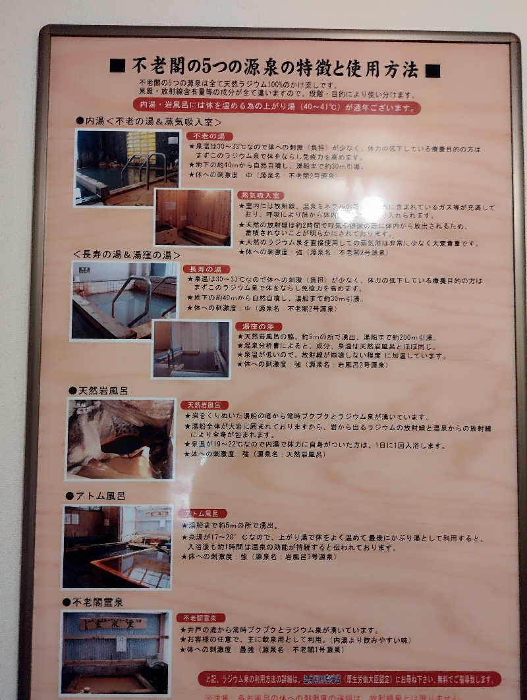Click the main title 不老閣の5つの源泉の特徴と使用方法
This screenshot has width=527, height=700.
click(x=275, y=67)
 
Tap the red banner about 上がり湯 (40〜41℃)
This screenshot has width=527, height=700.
click(x=276, y=107)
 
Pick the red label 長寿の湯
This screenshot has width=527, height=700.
click(x=206, y=269)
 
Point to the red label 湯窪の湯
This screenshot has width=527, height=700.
click(x=258, y=327)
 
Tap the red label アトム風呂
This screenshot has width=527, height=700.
click(x=204, y=513)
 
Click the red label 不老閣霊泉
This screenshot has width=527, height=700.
click(x=201, y=618)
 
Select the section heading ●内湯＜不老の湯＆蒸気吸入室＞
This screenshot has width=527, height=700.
click(x=149, y=122)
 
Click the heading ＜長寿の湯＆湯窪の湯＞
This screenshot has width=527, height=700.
click(x=126, y=254)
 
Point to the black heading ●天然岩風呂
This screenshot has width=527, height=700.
click(x=98, y=390)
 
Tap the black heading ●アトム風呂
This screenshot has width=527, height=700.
click(x=95, y=496)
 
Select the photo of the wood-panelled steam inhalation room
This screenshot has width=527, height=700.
click(x=193, y=217)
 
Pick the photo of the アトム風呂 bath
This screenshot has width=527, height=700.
click(x=117, y=547)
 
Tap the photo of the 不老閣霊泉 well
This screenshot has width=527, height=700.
click(x=115, y=652)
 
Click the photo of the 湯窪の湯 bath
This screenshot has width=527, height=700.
click(x=191, y=349)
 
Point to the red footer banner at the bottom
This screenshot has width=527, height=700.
click(x=349, y=678)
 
